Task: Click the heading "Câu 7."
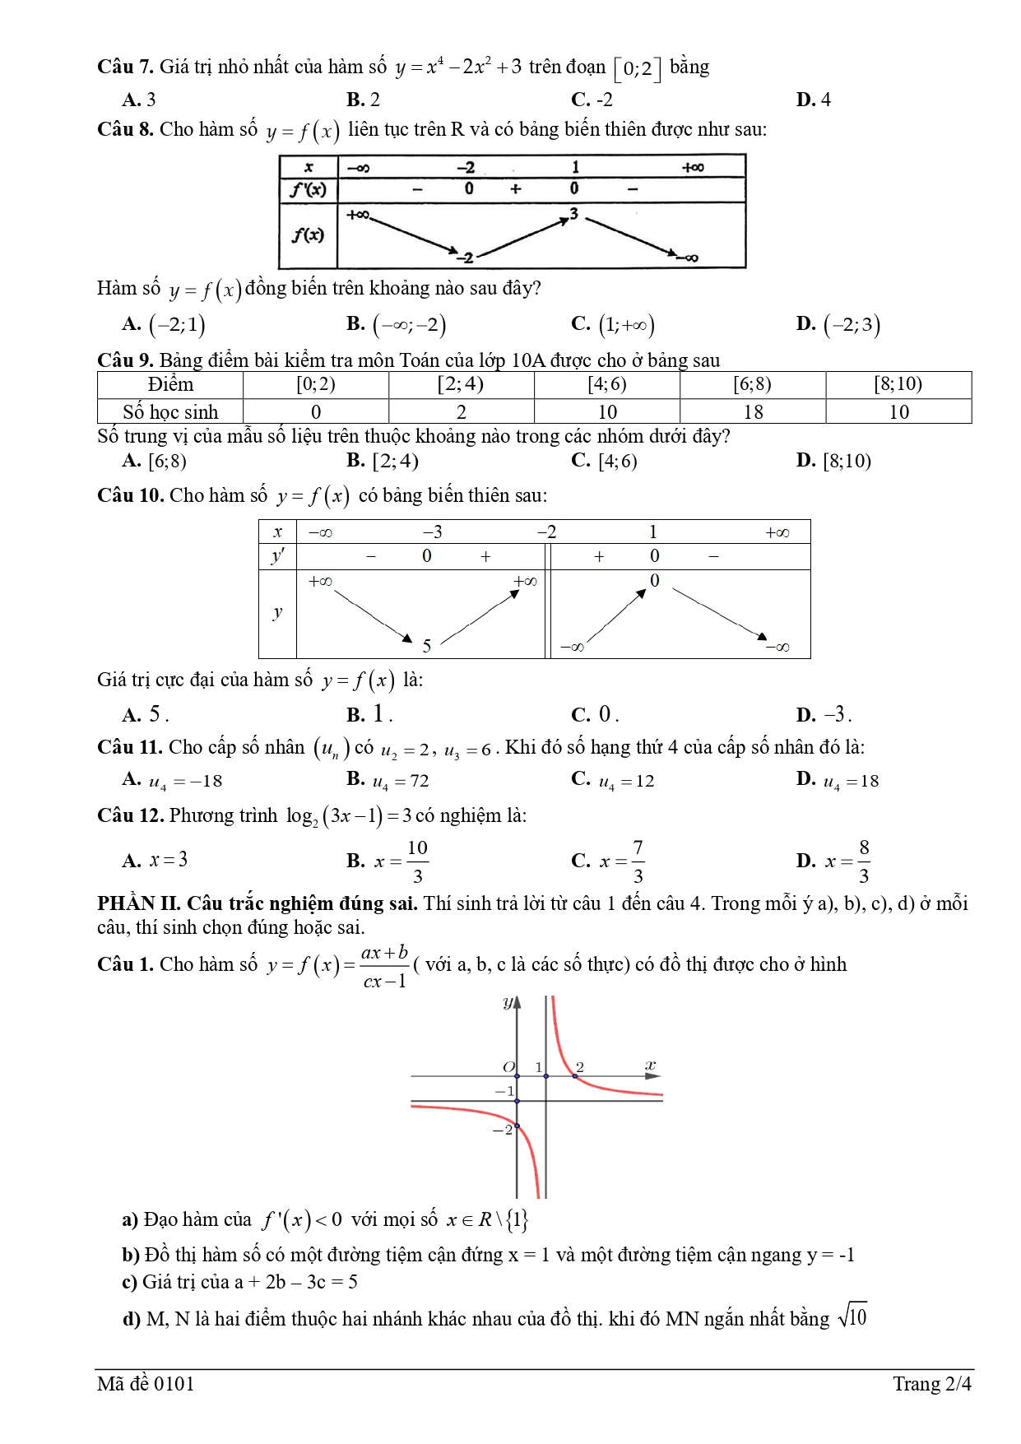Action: coord(125,67)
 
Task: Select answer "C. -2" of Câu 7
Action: coord(592,100)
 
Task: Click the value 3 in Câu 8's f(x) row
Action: coord(573,214)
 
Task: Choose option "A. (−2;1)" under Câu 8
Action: coord(164,324)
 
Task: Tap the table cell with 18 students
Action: coord(752,411)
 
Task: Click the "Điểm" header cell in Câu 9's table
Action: coord(170,384)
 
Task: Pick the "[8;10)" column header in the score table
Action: coord(898,384)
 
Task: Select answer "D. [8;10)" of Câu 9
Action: coord(833,461)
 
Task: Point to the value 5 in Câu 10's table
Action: coord(426,646)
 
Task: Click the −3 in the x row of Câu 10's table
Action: coord(432,532)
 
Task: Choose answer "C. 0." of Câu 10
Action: coord(594,714)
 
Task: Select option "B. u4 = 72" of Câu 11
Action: coord(388,780)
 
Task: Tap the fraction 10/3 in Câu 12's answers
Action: coord(417,861)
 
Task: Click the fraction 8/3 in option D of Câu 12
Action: coord(863,861)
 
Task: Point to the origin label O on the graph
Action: coord(508,1066)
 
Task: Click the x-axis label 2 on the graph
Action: coord(580,1066)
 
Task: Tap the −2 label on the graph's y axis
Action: coord(502,1130)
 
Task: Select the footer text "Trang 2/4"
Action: coord(931,1384)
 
